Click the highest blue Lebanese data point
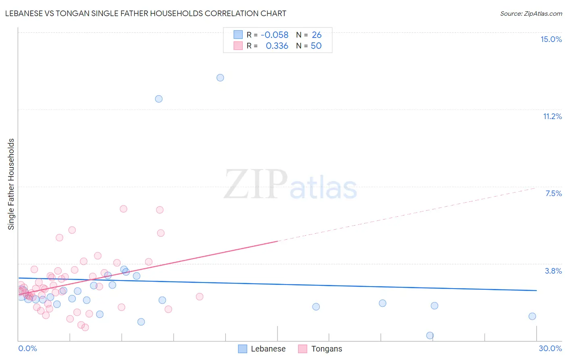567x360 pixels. click(x=220, y=77)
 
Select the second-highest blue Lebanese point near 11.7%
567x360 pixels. click(x=159, y=99)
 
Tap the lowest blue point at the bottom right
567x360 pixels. click(x=430, y=335)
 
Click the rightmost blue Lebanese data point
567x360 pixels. click(x=532, y=316)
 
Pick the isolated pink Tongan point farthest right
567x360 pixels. click(x=199, y=297)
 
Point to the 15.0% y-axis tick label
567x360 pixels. click(x=551, y=39)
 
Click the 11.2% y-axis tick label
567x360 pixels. click(x=552, y=116)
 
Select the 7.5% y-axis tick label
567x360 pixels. click(x=553, y=193)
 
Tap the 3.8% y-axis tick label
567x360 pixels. click(x=553, y=271)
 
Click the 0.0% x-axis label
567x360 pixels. click(x=27, y=348)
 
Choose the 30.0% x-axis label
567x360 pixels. click(x=550, y=348)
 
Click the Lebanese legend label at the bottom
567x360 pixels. click(x=268, y=349)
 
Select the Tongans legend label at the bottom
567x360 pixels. click(x=327, y=349)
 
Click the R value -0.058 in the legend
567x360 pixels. click(x=275, y=35)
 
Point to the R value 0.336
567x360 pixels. click(x=277, y=46)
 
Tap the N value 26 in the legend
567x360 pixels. click(x=317, y=35)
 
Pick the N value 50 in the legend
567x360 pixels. click(x=316, y=46)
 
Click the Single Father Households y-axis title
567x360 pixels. click(x=11, y=184)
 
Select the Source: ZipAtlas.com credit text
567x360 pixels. click(x=531, y=14)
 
